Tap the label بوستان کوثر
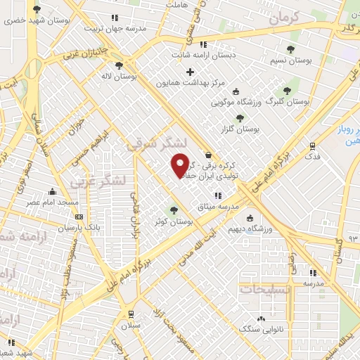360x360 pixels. click(x=176, y=221)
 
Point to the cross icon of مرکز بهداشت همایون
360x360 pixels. click(x=189, y=72)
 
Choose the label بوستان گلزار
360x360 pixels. click(x=239, y=130)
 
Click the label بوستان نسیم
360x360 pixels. click(x=290, y=60)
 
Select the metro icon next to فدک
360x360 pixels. click(x=313, y=146)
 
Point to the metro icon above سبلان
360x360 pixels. click(x=131, y=314)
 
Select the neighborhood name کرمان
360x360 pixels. click(x=284, y=18)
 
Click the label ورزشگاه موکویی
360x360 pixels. click(x=236, y=101)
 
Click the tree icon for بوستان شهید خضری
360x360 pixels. click(x=37, y=8)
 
